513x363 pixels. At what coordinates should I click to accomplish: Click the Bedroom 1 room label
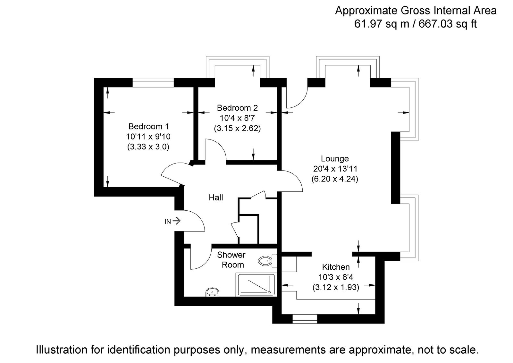tap(148, 126)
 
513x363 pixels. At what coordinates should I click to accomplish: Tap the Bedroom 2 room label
tap(237, 108)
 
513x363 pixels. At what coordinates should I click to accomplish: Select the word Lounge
tap(335, 159)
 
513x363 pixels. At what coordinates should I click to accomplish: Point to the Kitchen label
tap(336, 267)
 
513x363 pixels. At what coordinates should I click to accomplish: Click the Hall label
tap(216, 198)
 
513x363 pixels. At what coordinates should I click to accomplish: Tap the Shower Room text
tap(231, 260)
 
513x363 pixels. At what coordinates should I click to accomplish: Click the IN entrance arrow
tap(176, 221)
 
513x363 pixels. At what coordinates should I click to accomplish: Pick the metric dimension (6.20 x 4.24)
tap(335, 179)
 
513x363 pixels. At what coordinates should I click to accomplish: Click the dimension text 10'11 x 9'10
tap(148, 137)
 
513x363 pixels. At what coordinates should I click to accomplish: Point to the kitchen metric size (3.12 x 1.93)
tap(336, 287)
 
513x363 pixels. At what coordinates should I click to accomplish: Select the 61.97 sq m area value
tap(381, 24)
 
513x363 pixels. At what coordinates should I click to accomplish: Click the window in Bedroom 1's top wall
tap(153, 83)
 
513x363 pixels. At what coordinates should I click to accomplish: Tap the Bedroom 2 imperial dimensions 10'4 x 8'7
tap(237, 118)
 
